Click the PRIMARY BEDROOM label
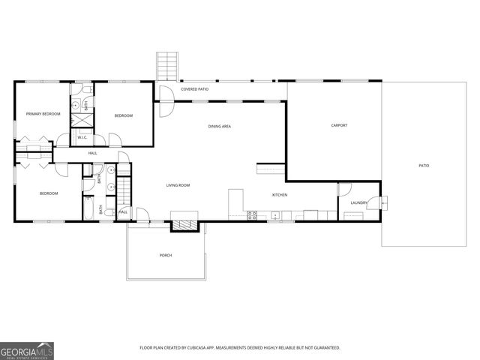(43, 114)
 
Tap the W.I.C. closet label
(82, 137)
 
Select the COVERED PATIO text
(194, 89)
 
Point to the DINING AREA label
(219, 126)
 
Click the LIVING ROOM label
(178, 184)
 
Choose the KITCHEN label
(280, 195)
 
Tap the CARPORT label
(339, 125)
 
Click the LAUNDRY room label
(358, 202)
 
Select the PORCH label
(166, 255)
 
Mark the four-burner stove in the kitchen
(253, 215)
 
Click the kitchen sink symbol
(275, 216)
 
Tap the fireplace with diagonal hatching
(184, 221)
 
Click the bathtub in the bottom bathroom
(88, 209)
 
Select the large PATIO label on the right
(424, 165)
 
